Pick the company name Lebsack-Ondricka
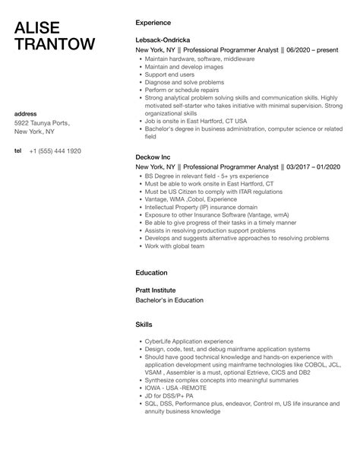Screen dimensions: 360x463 pos(164,40)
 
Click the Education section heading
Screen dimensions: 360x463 pos(151,271)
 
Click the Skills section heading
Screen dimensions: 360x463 pos(144,324)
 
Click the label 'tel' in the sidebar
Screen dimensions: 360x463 pos(17,151)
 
